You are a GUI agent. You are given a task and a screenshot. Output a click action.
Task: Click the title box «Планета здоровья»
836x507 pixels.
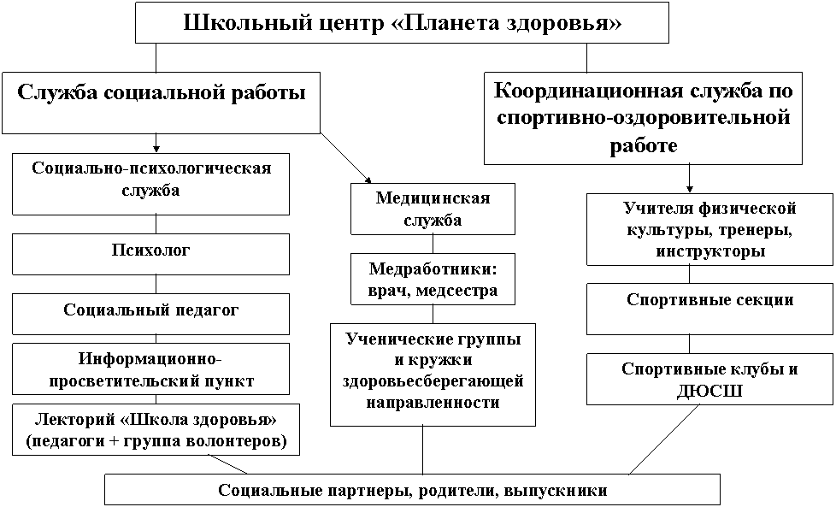click(402, 22)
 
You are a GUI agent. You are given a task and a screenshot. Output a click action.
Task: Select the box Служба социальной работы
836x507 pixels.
click(161, 103)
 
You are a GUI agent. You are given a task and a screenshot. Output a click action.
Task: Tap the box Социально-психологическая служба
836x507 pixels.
click(151, 185)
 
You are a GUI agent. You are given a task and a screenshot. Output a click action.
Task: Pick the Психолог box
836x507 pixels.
click(151, 254)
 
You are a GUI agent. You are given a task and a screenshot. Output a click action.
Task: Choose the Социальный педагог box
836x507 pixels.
click(151, 314)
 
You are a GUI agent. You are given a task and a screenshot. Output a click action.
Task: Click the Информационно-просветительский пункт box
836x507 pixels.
click(151, 368)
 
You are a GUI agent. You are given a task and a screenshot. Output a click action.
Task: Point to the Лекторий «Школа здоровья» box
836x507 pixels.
click(156, 430)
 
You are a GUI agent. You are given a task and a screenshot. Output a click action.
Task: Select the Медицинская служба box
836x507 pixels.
click(433, 209)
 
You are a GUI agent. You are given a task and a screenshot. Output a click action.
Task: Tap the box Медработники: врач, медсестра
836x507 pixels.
click(433, 279)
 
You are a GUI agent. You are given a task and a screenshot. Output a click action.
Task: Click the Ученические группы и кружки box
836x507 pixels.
click(433, 374)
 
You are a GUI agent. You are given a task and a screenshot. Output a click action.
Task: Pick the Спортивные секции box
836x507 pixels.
click(709, 310)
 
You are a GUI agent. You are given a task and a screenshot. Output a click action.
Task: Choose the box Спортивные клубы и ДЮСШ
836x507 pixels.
click(709, 379)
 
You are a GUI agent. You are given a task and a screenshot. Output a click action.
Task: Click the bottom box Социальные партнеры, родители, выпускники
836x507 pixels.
click(412, 490)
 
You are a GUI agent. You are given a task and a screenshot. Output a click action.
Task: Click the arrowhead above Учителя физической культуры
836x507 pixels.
click(689, 189)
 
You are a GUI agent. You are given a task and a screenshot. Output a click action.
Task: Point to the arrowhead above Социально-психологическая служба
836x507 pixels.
click(156, 149)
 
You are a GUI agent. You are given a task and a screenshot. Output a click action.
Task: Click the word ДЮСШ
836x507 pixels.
click(709, 392)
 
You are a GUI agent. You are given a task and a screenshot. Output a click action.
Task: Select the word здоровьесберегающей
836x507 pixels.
click(433, 381)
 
